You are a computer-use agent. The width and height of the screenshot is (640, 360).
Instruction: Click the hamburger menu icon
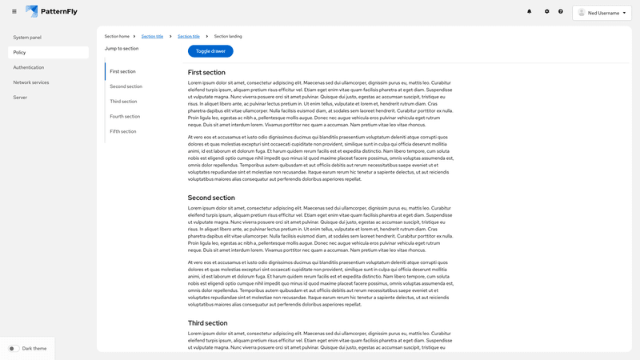(x=14, y=11)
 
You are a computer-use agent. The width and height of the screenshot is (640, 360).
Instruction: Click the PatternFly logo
(x=53, y=11)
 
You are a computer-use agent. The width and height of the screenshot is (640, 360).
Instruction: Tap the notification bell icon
(x=529, y=12)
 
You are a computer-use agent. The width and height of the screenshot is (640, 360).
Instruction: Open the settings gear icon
(x=547, y=12)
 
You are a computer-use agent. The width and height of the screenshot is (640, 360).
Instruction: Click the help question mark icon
(x=561, y=12)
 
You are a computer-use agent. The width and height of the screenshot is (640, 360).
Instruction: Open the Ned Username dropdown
(x=602, y=13)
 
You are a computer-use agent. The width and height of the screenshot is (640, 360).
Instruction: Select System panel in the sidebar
(x=27, y=38)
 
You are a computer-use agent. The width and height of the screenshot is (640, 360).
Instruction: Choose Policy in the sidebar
(x=20, y=52)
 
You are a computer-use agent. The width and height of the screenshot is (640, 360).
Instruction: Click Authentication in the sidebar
(x=29, y=67)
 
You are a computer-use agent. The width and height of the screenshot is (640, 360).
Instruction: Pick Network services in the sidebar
(x=31, y=82)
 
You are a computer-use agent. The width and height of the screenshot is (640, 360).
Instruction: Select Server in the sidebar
(x=20, y=97)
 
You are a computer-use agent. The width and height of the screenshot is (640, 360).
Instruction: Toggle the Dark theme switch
(x=14, y=349)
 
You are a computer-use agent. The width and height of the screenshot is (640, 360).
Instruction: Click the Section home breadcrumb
(x=117, y=37)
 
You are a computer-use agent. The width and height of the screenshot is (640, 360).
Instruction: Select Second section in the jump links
(x=126, y=86)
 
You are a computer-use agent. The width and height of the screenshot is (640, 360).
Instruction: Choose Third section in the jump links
(x=123, y=102)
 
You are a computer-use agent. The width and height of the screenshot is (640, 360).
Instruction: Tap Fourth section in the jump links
(x=125, y=116)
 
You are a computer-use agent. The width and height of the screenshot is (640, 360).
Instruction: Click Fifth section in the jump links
(x=123, y=131)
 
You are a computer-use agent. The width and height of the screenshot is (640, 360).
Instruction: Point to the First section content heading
(x=207, y=73)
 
